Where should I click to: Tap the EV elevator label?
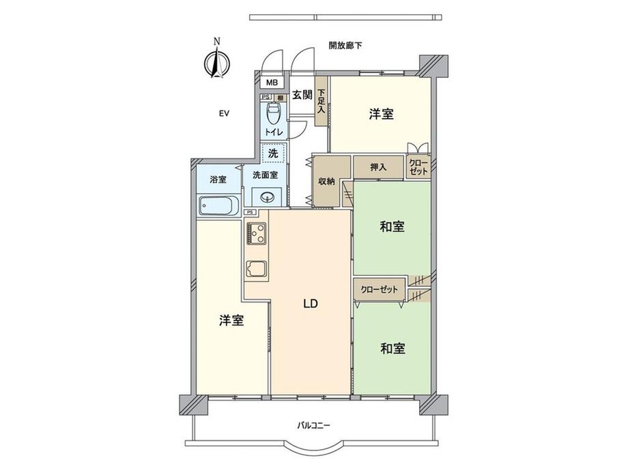(x=223, y=114)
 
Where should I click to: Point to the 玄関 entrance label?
(x=302, y=96)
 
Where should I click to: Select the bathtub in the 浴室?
(x=218, y=205)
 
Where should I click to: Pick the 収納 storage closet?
(x=326, y=181)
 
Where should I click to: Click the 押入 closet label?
(x=378, y=167)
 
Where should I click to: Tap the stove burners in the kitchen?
(x=257, y=234)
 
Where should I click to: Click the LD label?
(x=311, y=304)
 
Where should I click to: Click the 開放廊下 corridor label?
(x=345, y=46)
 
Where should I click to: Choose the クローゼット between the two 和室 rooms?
(x=379, y=289)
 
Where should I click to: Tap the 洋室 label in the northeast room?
(x=381, y=114)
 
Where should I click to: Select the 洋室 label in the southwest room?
(x=231, y=320)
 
